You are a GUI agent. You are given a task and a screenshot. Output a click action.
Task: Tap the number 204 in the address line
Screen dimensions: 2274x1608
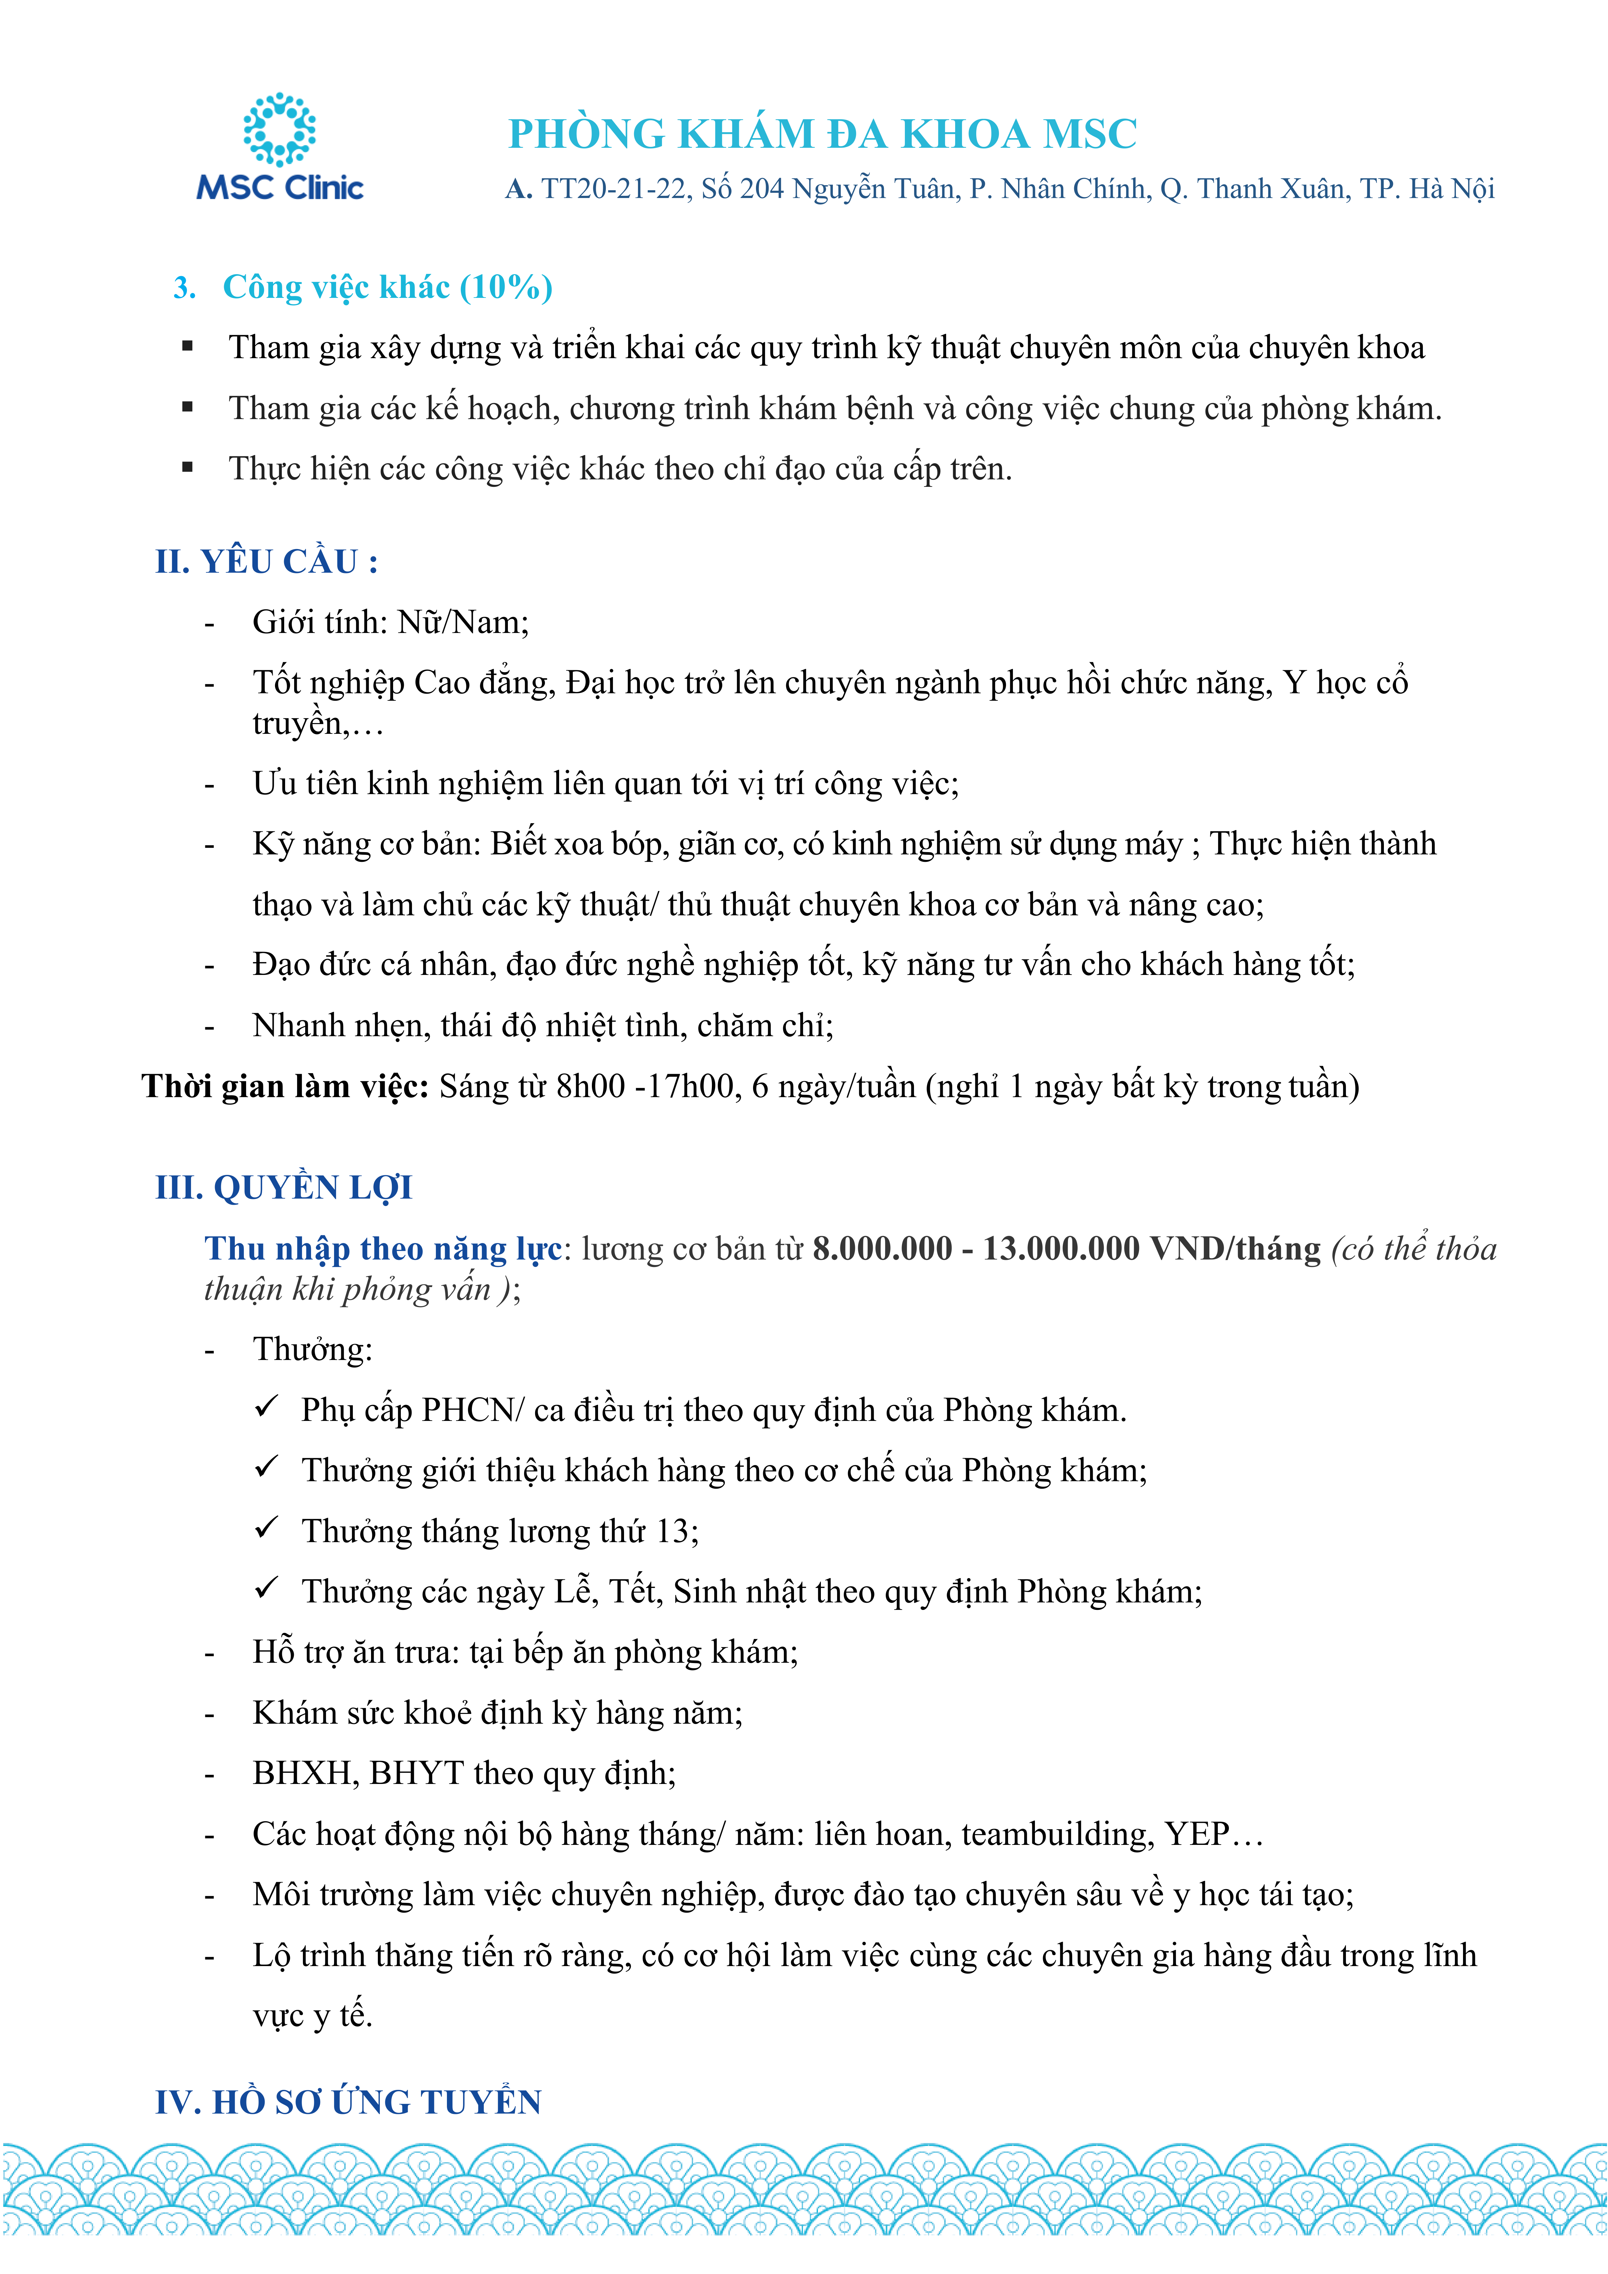(761, 189)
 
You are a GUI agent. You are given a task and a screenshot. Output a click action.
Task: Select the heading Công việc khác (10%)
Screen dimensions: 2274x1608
(386, 287)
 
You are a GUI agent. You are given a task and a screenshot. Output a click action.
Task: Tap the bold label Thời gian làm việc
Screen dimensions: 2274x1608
(285, 1086)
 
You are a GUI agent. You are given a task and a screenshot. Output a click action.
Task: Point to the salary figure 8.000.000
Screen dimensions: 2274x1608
(882, 1249)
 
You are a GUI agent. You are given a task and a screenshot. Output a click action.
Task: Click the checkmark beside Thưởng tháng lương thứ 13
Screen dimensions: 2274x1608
(266, 1528)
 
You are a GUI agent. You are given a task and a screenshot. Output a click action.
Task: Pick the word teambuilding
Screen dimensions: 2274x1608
(1057, 1834)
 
